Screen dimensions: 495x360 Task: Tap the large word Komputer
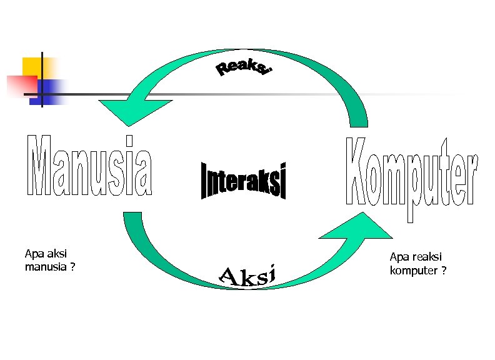coord(412,174)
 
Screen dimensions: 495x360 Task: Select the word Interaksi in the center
coord(244,180)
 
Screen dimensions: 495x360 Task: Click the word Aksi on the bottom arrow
coord(248,276)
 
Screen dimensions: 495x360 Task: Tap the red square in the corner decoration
coord(20,85)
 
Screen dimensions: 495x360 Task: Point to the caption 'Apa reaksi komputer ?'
coord(417,264)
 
